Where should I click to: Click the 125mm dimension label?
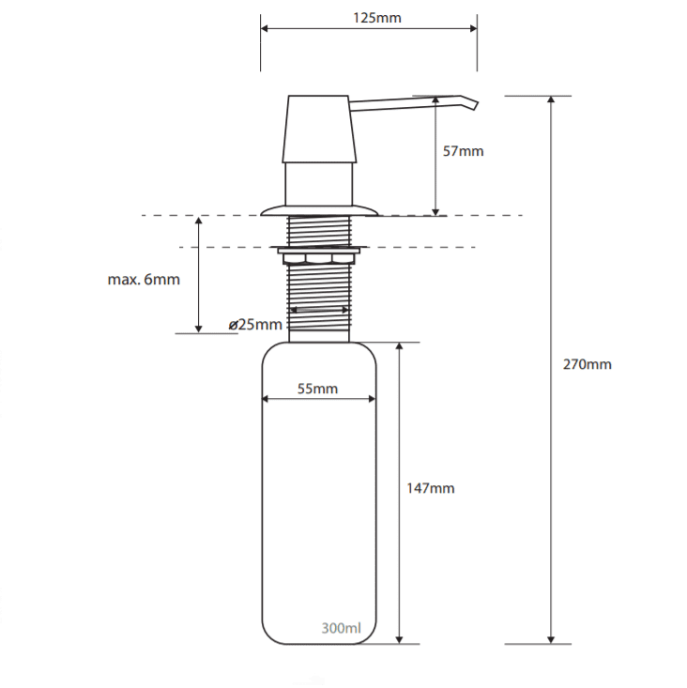pos(377,18)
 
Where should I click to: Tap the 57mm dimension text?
pos(463,151)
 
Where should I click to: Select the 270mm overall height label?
pos(587,364)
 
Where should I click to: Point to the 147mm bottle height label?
pos(431,488)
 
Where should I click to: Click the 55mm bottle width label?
pos(317,389)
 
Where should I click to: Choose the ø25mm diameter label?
pos(255,324)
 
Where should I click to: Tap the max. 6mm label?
pos(144,279)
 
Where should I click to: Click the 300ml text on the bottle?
pos(341,628)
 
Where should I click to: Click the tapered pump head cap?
pos(319,129)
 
